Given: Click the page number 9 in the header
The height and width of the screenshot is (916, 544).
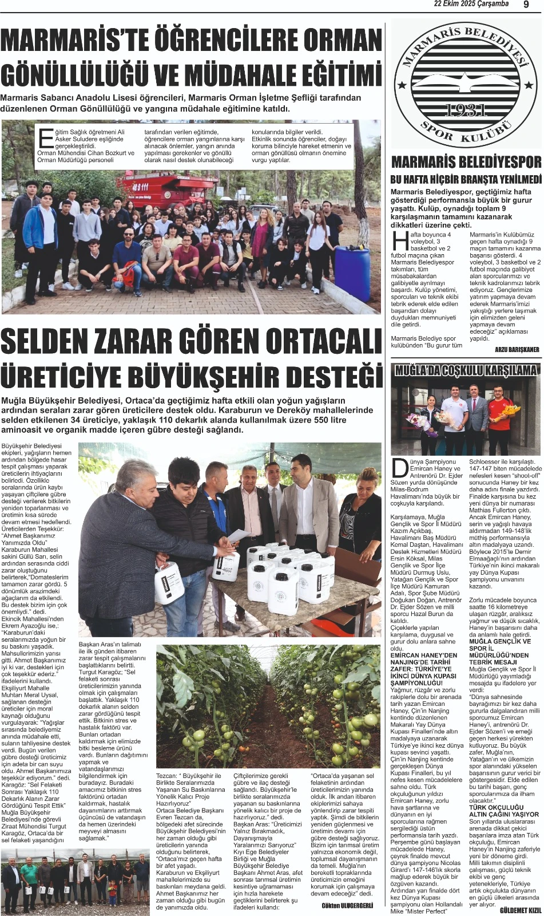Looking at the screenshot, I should pyautogui.click(x=526, y=5).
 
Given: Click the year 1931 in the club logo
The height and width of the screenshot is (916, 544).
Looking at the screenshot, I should pyautogui.click(x=466, y=110).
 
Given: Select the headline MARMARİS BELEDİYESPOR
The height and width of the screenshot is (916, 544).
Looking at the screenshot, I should pyautogui.click(x=466, y=162).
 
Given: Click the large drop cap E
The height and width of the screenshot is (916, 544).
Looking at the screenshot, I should pyautogui.click(x=45, y=139).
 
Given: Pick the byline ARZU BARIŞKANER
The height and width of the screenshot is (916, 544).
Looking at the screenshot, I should pyautogui.click(x=517, y=349).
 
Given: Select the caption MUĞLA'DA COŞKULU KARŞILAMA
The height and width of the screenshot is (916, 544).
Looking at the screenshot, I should pyautogui.click(x=466, y=370).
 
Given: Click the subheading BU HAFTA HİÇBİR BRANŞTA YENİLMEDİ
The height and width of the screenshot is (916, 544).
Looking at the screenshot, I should pyautogui.click(x=466, y=180).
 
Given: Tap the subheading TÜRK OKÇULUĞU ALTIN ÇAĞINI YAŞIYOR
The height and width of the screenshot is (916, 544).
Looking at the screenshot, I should pyautogui.click(x=496, y=811).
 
